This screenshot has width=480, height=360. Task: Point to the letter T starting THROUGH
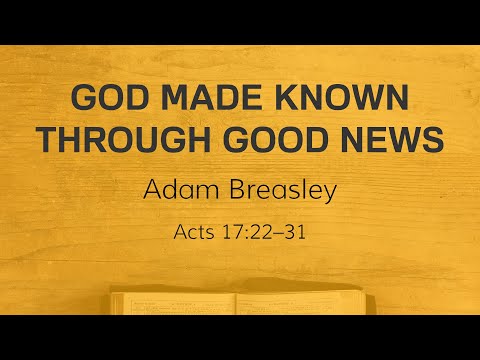tap(46, 141)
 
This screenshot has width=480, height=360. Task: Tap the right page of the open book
tap(300, 301)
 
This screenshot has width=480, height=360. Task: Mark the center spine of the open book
tap(236, 302)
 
